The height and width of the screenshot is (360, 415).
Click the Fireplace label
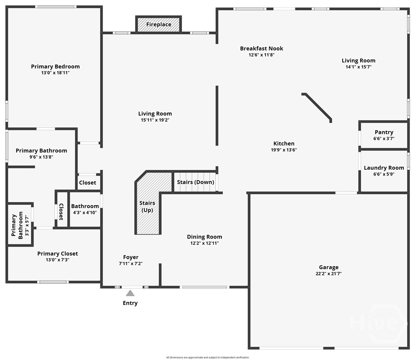[x=159, y=24]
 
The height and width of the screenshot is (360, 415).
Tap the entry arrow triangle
[x=130, y=293]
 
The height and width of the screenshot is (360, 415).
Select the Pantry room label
[x=384, y=132]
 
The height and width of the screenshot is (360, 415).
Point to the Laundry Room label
[x=384, y=168]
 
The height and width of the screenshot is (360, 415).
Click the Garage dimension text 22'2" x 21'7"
[x=328, y=274]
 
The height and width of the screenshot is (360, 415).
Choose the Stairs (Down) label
[x=195, y=182]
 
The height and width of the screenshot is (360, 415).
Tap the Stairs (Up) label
[x=147, y=206]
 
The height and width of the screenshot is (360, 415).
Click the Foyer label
[x=131, y=257]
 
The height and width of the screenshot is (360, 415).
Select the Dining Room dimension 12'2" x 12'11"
[x=204, y=243]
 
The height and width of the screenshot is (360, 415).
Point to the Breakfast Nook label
[x=262, y=48]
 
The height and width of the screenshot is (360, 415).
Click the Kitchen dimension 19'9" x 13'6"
[x=284, y=150]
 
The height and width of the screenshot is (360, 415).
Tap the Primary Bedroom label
[x=55, y=66]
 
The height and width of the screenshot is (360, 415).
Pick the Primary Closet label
[x=58, y=254]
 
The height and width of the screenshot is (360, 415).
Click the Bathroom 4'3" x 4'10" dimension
[x=85, y=213]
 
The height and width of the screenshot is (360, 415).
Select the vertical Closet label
[x=61, y=212]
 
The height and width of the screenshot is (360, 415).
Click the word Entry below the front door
[x=130, y=303]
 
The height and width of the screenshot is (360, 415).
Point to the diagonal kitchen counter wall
[x=317, y=107]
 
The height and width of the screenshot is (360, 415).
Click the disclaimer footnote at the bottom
[x=207, y=357]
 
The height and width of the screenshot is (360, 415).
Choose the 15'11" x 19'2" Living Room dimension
[x=155, y=120]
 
